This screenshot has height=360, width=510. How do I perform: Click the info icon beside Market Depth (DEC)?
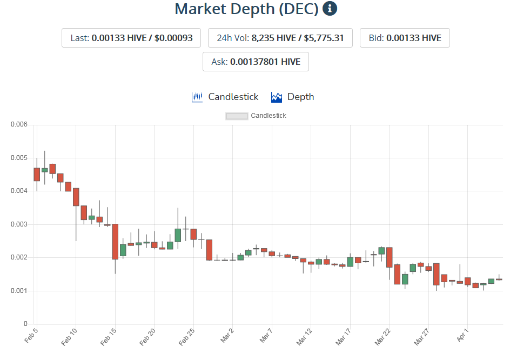coord(330,9)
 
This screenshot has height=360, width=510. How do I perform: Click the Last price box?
coord(131,38)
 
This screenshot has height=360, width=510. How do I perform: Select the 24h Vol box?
coord(280,38)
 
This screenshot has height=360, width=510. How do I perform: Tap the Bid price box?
coord(405,38)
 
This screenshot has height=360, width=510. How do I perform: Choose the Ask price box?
coord(256,62)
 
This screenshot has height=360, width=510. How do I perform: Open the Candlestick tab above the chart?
coord(225,97)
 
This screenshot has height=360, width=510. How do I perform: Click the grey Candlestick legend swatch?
coord(237,116)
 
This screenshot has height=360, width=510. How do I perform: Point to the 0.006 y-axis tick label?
coord(19,125)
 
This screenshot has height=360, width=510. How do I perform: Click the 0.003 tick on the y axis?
coord(19,224)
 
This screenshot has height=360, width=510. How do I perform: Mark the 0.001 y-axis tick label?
coord(19,291)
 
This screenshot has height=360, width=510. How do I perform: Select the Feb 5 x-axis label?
coord(31,336)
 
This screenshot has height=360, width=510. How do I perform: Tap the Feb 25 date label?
coord(187,336)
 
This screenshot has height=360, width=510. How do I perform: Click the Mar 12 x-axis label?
coord(305,336)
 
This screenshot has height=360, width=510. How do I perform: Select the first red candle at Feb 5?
coord(37,174)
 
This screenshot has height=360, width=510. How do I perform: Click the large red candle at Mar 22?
coord(389,257)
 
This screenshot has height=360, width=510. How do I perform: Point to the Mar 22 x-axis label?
coord(383,336)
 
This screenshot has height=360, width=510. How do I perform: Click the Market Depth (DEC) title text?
coord(246,9)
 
